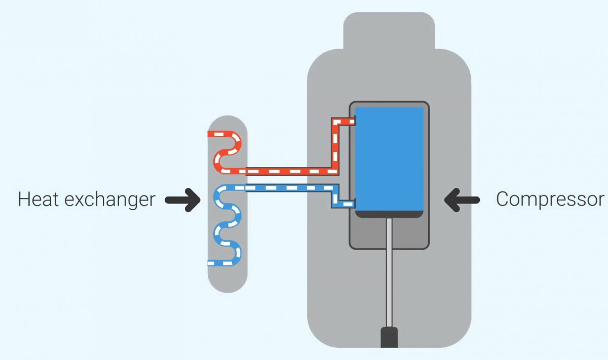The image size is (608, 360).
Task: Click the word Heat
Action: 39,199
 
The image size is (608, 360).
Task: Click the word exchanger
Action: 110,200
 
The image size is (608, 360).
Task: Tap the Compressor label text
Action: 550,199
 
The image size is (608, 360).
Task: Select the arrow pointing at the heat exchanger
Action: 183,200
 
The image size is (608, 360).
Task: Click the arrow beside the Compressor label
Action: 462,200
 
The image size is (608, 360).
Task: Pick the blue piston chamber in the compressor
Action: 389,158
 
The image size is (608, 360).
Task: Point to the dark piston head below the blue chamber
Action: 389,214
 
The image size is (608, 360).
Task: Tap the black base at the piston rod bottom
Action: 389,337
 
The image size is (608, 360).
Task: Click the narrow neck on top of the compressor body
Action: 389,31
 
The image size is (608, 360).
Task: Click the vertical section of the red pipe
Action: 335,146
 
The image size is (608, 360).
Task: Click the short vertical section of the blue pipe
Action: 335,196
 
